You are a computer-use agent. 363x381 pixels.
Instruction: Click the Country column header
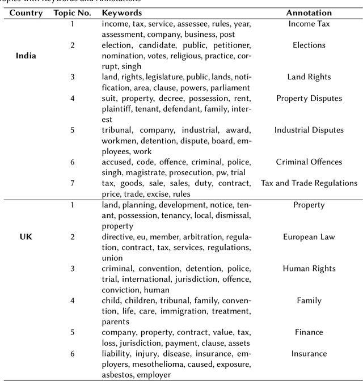pos(26,13)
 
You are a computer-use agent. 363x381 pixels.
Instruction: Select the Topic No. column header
pos(71,13)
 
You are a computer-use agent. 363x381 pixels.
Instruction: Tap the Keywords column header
pos(122,13)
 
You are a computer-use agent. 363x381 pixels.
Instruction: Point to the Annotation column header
pos(309,13)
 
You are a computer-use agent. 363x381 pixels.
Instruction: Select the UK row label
pos(26,237)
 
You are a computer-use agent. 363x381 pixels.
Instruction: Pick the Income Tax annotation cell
pos(309,24)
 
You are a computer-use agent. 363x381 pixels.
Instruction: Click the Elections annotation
pos(309,45)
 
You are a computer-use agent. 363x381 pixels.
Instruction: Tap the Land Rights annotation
pos(309,77)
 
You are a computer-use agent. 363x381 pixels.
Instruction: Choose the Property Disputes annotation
pos(309,99)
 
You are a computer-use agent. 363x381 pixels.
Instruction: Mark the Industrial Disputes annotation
pos(309,130)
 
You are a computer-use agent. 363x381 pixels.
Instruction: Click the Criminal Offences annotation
pos(309,162)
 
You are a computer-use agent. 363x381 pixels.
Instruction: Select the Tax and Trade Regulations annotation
pos(309,183)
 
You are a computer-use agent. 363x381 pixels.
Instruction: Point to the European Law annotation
pos(309,237)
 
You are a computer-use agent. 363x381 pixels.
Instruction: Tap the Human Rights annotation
pos(309,269)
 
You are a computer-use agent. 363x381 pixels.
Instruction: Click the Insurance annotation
pos(309,354)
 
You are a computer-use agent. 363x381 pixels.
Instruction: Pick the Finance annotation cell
pos(309,332)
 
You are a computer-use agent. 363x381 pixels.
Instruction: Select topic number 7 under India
pos(72,183)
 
